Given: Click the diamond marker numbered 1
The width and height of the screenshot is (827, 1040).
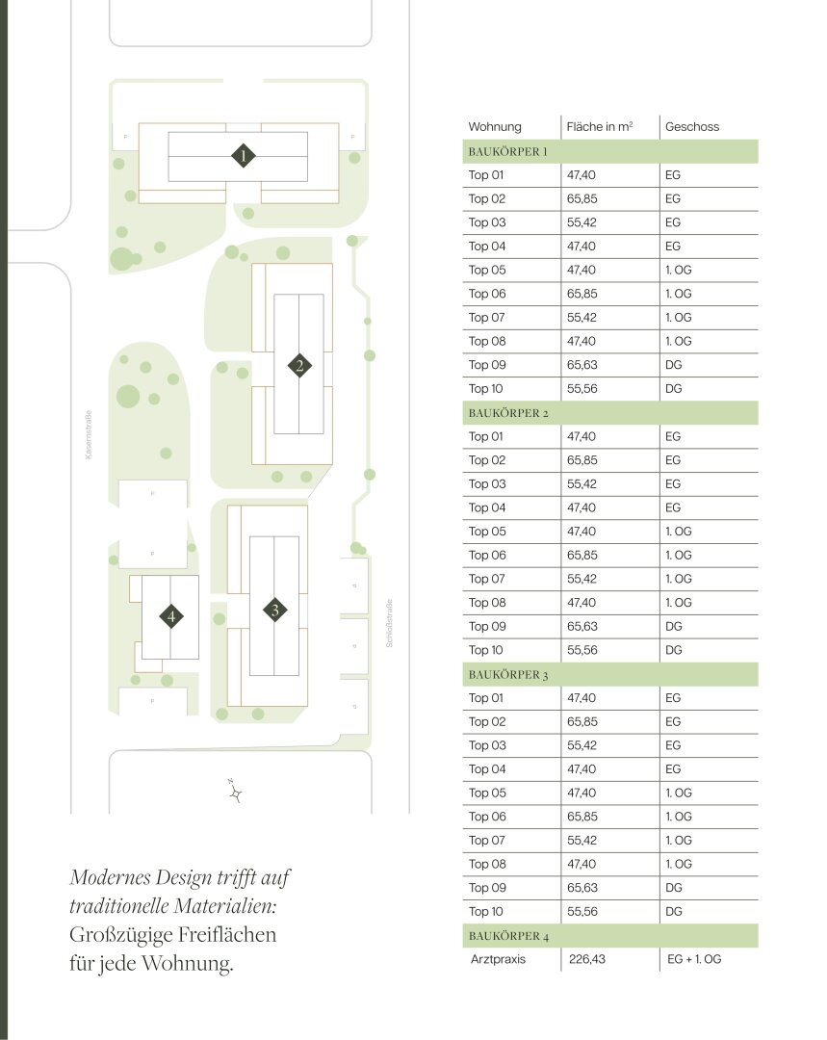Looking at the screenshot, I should (x=245, y=155).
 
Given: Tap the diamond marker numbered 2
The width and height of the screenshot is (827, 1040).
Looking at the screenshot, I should (x=300, y=365).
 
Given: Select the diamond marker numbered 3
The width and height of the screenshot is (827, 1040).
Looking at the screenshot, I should (x=275, y=610).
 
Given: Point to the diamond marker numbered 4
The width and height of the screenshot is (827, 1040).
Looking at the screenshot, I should (x=171, y=616).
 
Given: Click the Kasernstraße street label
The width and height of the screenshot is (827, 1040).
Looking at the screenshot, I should (x=88, y=435).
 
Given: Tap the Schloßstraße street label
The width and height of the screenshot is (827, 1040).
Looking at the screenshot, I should (x=390, y=623).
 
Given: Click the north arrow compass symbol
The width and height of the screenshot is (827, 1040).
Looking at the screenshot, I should (x=235, y=792).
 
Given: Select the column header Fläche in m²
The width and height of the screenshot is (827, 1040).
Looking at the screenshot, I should (x=600, y=127).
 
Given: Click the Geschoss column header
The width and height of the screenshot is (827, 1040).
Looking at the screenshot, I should (x=691, y=127).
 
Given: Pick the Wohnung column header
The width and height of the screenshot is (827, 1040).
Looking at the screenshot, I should (x=495, y=127).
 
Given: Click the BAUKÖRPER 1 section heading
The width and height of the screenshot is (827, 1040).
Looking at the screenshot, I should (x=508, y=152).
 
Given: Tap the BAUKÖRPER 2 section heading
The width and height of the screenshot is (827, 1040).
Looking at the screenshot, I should (x=508, y=413).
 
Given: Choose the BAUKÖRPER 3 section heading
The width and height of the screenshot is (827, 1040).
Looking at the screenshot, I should (x=508, y=675).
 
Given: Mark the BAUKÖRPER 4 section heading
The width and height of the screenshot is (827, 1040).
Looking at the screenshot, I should (x=508, y=936).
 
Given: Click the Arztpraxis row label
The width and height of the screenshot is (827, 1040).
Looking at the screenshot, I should (x=499, y=960).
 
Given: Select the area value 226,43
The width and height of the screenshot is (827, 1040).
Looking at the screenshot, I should (x=586, y=960).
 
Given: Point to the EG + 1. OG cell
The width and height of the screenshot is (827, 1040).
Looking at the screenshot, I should (x=692, y=960).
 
